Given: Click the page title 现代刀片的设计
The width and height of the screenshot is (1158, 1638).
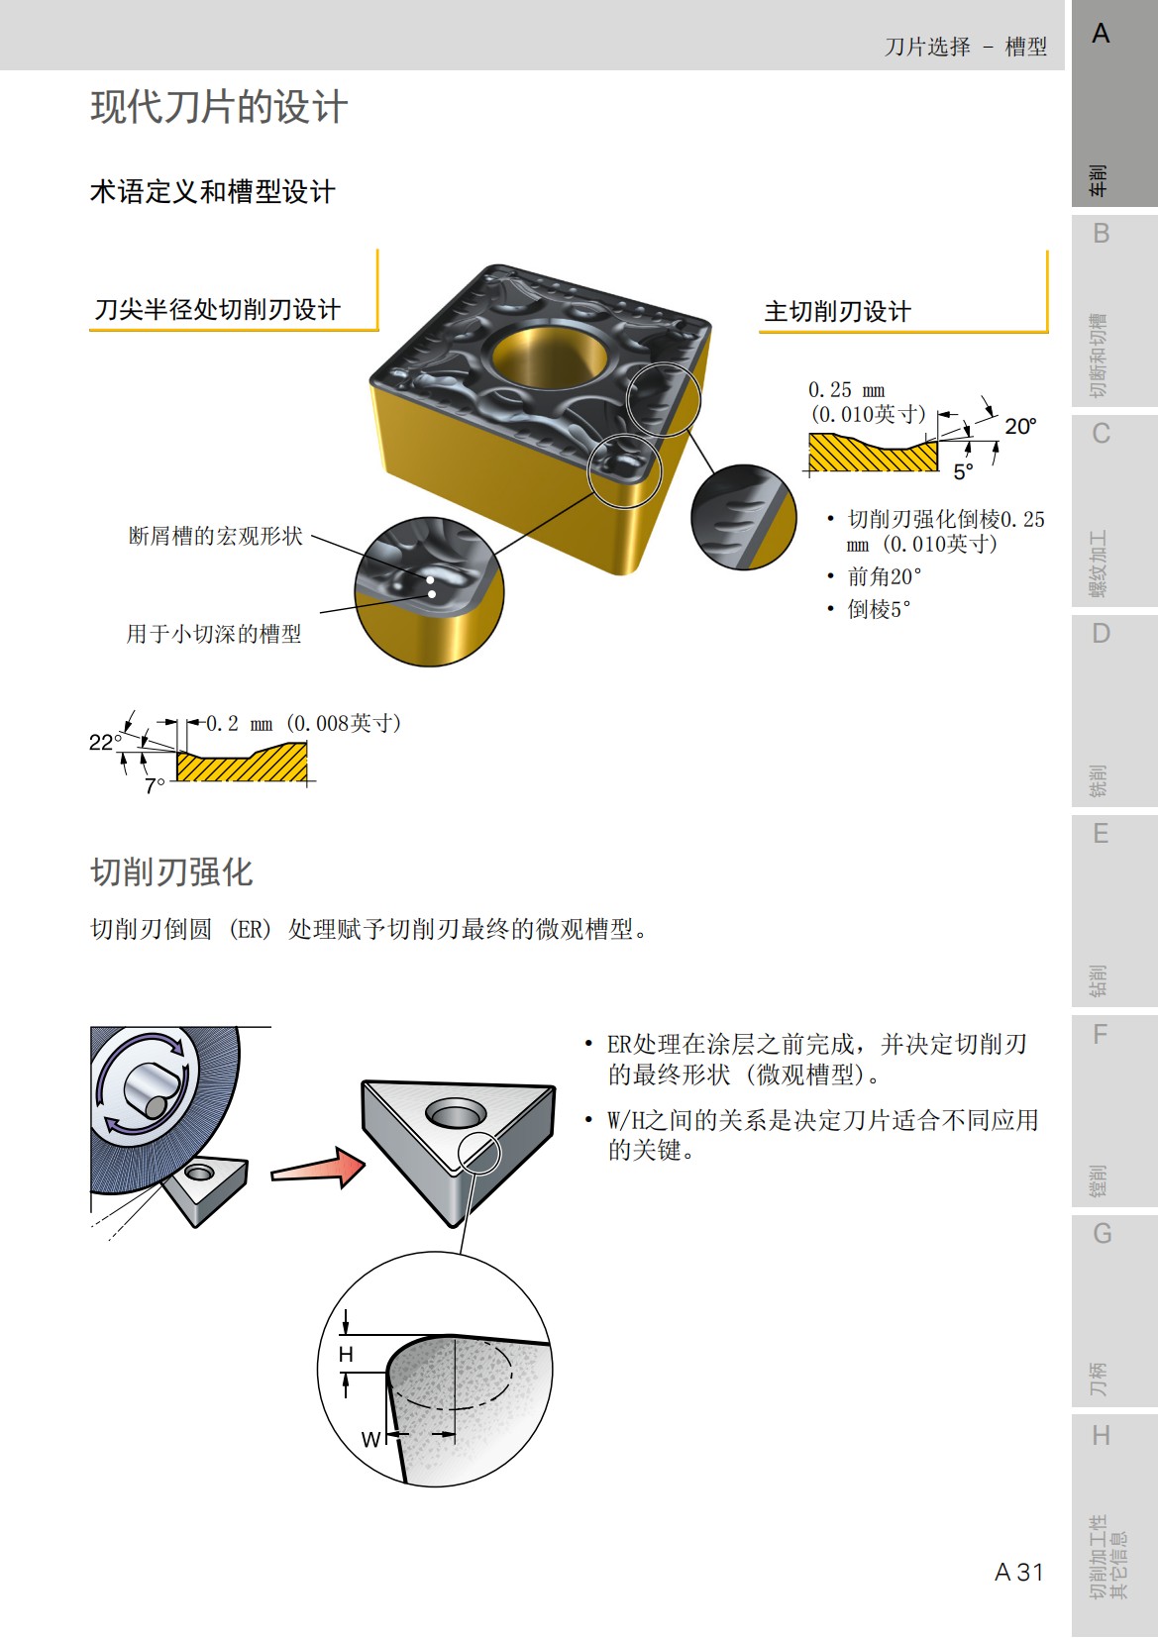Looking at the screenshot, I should [x=219, y=107].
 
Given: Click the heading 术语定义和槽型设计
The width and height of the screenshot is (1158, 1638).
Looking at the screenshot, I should [x=212, y=191].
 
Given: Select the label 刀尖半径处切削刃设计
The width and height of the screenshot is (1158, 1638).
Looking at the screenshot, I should [x=217, y=309].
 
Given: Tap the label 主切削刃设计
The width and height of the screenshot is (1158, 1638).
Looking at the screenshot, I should [x=837, y=311].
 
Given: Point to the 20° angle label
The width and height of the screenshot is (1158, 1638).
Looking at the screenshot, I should [x=1019, y=427].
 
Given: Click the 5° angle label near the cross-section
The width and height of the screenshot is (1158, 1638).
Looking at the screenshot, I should [x=963, y=472].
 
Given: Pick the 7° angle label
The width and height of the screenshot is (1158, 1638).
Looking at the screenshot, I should [x=155, y=785].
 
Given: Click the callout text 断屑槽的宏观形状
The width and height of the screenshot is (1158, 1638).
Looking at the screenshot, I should [x=215, y=536].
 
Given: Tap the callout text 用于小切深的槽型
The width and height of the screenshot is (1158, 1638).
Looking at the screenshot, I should [x=213, y=634].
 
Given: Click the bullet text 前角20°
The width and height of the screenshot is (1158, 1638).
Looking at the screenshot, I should [x=884, y=576].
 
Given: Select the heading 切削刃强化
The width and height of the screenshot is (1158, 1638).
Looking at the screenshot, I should [x=171, y=871].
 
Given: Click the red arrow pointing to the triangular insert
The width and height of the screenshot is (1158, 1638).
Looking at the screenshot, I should [x=319, y=1169].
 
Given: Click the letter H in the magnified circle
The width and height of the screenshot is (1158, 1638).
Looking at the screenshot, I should [x=346, y=1354].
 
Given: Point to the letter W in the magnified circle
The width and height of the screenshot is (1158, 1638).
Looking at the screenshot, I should [x=369, y=1439].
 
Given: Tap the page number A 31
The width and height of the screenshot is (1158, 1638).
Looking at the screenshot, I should [x=1018, y=1572].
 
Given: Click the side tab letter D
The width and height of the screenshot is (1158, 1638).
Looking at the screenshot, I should [x=1101, y=634].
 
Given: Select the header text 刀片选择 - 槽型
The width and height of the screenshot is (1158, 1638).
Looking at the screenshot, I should [x=965, y=47].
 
